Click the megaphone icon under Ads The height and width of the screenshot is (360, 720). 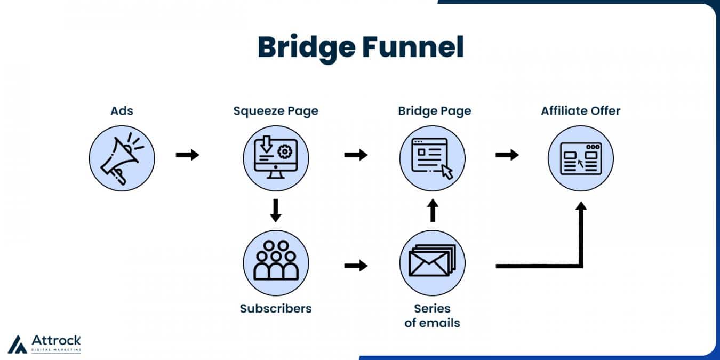pyautogui.click(x=122, y=158)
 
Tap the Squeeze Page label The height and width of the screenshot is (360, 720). pyautogui.click(x=276, y=111)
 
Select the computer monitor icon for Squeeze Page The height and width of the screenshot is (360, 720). pyautogui.click(x=276, y=157)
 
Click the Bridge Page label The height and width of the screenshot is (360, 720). pyautogui.click(x=435, y=111)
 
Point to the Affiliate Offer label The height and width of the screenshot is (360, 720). pyautogui.click(x=580, y=110)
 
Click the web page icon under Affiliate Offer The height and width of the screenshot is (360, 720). pyautogui.click(x=581, y=158)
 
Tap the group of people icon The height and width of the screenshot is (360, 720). pyautogui.click(x=276, y=260)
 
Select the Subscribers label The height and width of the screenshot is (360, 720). pyautogui.click(x=276, y=309)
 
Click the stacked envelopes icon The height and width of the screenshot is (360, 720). pyautogui.click(x=433, y=261)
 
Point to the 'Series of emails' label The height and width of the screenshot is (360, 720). pyautogui.click(x=433, y=316)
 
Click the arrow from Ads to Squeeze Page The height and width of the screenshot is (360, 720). pyautogui.click(x=187, y=155)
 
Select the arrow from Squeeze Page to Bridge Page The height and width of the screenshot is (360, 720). pyautogui.click(x=356, y=155)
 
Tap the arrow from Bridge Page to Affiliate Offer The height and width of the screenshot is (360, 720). pyautogui.click(x=507, y=155)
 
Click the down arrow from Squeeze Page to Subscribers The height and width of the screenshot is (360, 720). pyautogui.click(x=276, y=211)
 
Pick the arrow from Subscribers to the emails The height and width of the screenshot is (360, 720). pyautogui.click(x=356, y=266)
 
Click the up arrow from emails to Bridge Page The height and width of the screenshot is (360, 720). pyautogui.click(x=433, y=210)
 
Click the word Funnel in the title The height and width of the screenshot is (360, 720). pyautogui.click(x=413, y=47)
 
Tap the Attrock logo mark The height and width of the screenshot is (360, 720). pyautogui.click(x=17, y=345)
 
